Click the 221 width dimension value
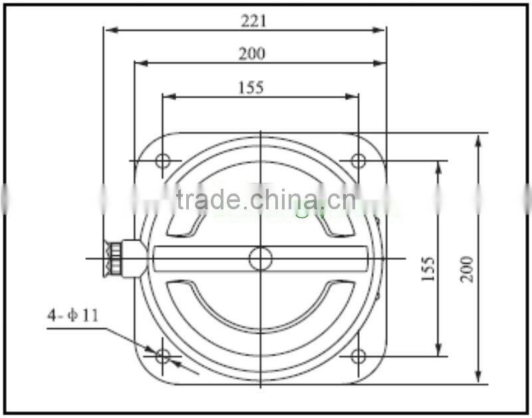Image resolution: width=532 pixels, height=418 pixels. (x=253, y=21)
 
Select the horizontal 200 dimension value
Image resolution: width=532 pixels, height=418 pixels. (x=252, y=54)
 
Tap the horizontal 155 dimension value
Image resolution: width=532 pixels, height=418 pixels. (x=251, y=87)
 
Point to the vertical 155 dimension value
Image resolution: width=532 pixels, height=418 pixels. (x=428, y=268)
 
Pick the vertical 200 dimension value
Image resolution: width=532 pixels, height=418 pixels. (x=467, y=268)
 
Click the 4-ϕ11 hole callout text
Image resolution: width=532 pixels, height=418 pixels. (x=72, y=314)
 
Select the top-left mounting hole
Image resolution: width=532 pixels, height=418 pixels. (x=163, y=161)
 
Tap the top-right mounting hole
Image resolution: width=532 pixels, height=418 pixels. (x=358, y=161)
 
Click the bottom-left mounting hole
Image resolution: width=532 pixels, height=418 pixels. (x=163, y=356)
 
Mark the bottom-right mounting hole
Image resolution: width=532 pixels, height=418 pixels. (x=358, y=356)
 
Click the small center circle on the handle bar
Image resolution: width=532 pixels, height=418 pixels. (x=261, y=259)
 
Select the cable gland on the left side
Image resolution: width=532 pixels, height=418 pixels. (x=123, y=259)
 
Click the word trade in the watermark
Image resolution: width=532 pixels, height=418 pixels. (x=208, y=199)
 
